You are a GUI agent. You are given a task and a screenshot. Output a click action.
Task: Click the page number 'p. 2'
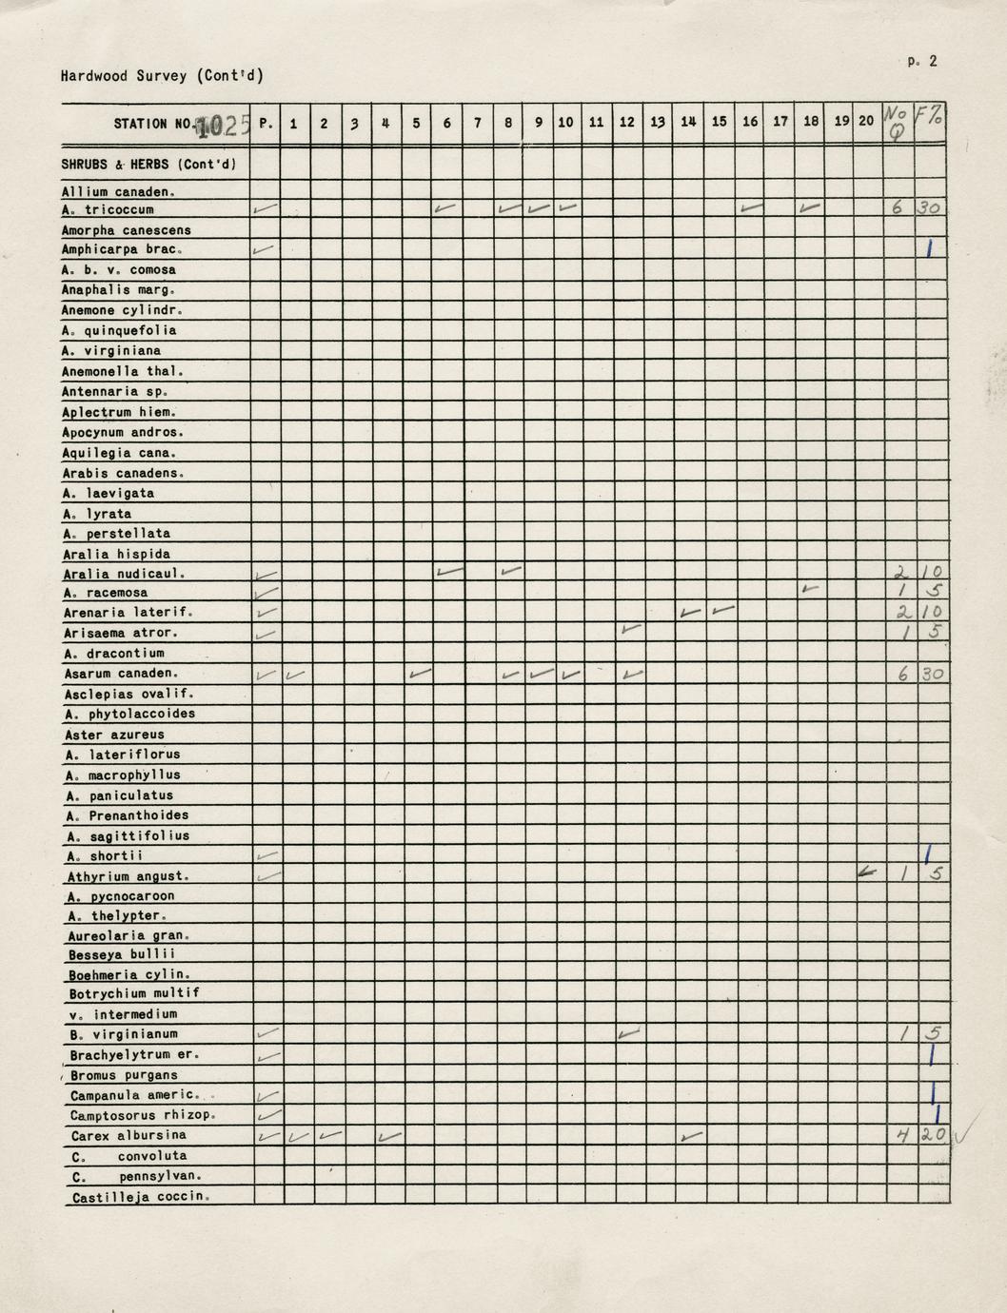point(921,61)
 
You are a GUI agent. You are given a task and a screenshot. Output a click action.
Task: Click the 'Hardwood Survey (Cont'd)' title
point(161,76)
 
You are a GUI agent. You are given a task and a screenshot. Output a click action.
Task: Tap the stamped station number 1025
point(222,125)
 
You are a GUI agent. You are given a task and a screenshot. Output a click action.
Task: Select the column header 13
point(658,123)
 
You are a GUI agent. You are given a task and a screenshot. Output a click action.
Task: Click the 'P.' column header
point(266,124)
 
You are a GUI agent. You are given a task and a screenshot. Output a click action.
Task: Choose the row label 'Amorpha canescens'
point(126,230)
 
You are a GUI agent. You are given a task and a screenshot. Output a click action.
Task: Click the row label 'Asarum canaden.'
point(121,674)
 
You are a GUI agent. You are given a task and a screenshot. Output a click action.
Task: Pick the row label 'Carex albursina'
point(128,1135)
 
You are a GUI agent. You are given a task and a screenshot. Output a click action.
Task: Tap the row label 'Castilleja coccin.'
point(139,1197)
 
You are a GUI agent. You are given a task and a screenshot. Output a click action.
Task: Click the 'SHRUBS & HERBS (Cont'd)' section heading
point(148,164)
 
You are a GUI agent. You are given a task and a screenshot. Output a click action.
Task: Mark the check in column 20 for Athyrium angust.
point(866,872)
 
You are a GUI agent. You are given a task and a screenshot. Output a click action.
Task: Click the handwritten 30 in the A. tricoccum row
point(930,208)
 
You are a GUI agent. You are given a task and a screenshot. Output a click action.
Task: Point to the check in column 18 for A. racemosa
point(810,590)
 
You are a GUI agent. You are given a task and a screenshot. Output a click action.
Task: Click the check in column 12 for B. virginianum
point(627,1032)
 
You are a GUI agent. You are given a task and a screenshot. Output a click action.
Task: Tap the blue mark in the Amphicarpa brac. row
point(930,248)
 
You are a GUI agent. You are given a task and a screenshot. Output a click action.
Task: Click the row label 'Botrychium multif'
point(133,993)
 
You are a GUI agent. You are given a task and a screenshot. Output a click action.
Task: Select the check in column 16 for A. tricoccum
point(750,206)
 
